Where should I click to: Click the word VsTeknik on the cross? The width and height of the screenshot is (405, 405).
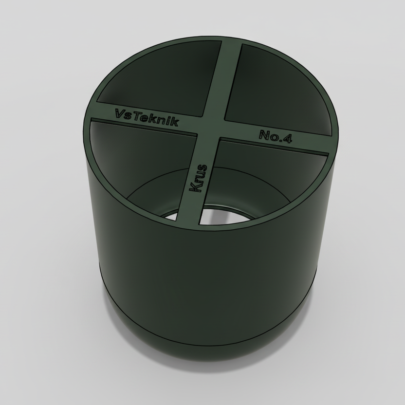pyautogui.click(x=147, y=117)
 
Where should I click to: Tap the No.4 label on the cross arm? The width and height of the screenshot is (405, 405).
pyautogui.click(x=276, y=136)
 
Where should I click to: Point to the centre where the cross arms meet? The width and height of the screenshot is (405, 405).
pyautogui.click(x=209, y=129)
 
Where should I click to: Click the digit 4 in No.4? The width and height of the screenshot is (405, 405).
pyautogui.click(x=287, y=139)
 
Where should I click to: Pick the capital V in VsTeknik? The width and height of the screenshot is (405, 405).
pyautogui.click(x=120, y=113)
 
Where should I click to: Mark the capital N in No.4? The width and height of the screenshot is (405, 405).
pyautogui.click(x=264, y=134)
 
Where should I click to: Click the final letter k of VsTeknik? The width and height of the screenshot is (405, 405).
pyautogui.click(x=175, y=122)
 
